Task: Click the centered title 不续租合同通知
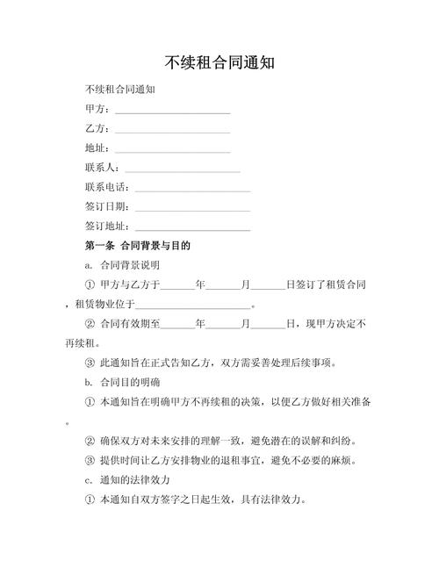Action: [x=219, y=63]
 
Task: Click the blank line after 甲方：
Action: [x=172, y=111]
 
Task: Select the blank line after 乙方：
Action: [x=172, y=131]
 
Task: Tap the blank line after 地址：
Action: [x=172, y=150]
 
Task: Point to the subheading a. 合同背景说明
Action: [x=122, y=265]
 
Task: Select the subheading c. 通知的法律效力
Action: [x=127, y=480]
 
